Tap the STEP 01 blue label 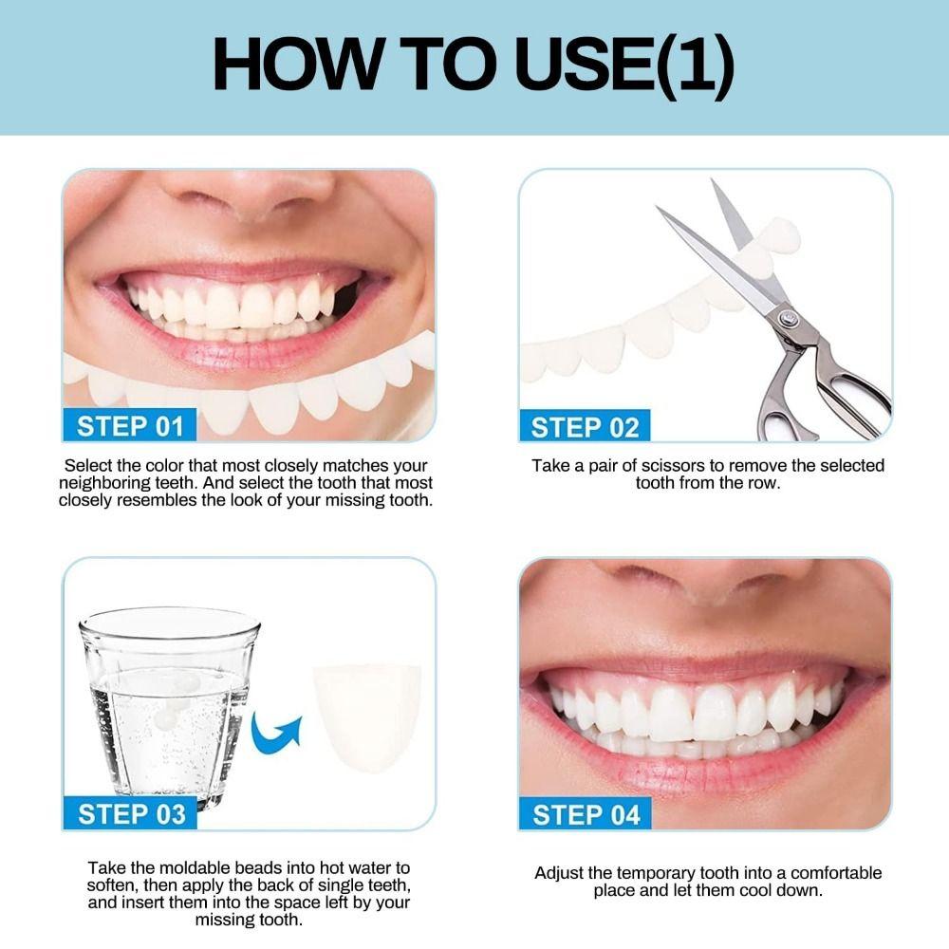point(130,425)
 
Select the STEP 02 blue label point(585,427)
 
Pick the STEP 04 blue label point(586,814)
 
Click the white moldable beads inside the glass point(179,693)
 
